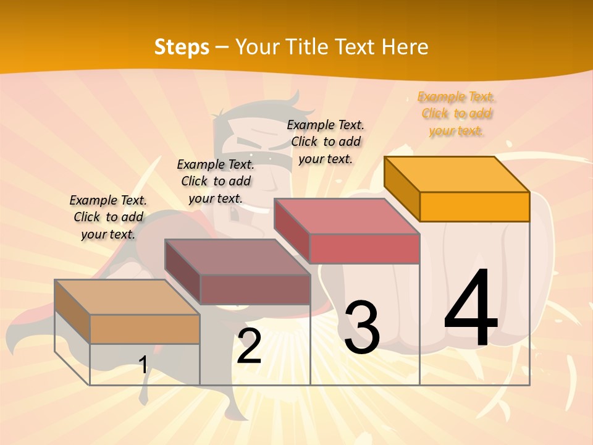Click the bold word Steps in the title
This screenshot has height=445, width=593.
182,47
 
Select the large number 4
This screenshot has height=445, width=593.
471,309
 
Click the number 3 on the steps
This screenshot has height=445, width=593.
362,328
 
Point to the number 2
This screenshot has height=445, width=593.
250,346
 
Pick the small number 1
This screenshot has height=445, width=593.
143,365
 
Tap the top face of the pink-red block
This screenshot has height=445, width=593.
347,216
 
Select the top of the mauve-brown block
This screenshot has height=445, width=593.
237,257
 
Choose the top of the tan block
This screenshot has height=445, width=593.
127,297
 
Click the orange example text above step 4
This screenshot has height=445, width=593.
456,114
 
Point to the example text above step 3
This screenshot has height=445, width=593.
326,142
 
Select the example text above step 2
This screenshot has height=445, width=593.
216,182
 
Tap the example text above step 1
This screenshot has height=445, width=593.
108,218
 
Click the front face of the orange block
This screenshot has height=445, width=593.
474,206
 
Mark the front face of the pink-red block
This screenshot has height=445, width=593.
364,248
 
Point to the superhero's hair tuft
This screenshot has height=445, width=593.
295,102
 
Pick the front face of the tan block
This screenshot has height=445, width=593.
145,329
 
